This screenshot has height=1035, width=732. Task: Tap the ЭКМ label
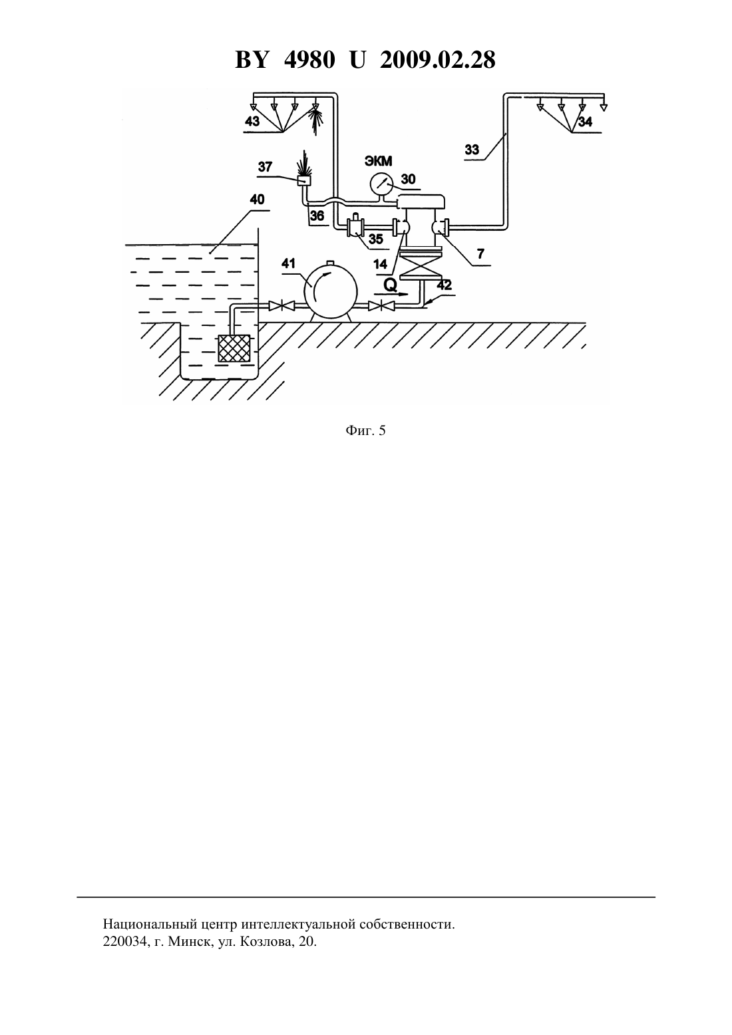[x=379, y=161]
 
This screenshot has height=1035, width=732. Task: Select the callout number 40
[x=257, y=199]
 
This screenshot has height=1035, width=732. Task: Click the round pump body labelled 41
[x=331, y=291]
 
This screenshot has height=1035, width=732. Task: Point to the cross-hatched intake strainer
[x=234, y=349]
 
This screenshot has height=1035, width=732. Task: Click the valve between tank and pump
[x=281, y=305]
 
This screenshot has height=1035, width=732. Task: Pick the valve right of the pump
[x=381, y=305]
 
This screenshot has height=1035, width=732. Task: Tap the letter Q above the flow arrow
[x=391, y=286]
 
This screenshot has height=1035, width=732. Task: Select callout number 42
[x=444, y=285]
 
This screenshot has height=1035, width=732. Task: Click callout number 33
[x=472, y=150]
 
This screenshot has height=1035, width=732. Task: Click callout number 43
[x=252, y=122]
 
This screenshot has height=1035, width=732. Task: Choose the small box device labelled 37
[x=304, y=181]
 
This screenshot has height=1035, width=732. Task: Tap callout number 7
[x=481, y=253]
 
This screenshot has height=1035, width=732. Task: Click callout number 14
[x=380, y=264]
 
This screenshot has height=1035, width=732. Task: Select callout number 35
[x=376, y=239]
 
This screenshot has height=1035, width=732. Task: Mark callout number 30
[x=408, y=179]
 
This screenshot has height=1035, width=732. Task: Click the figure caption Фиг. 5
[x=365, y=430]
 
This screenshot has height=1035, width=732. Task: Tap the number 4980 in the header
[x=309, y=60]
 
